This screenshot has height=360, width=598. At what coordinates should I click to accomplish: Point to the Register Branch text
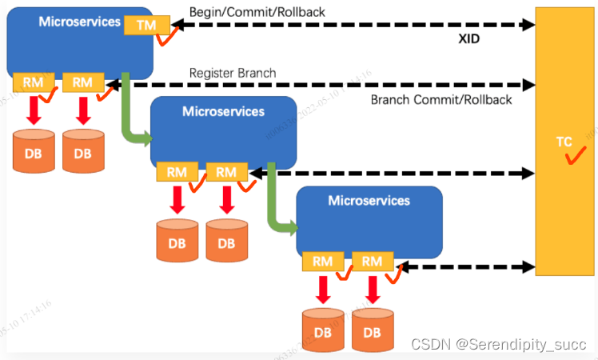[233, 73]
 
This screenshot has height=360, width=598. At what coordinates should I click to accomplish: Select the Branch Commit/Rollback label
[441, 100]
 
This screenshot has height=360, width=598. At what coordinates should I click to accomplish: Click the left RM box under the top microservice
[34, 82]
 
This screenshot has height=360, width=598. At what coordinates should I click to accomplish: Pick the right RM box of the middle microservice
[226, 171]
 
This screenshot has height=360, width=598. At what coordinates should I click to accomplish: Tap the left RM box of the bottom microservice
[323, 261]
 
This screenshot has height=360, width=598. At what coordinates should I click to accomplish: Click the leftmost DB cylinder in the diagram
[34, 151]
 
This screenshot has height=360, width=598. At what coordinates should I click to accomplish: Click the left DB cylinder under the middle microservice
[177, 239]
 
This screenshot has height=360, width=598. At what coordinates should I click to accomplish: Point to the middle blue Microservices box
[224, 128]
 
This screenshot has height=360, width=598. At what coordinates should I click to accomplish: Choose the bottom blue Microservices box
[369, 218]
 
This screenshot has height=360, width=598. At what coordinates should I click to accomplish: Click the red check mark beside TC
[572, 155]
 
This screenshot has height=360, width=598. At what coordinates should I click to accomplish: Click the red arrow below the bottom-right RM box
[372, 289]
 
